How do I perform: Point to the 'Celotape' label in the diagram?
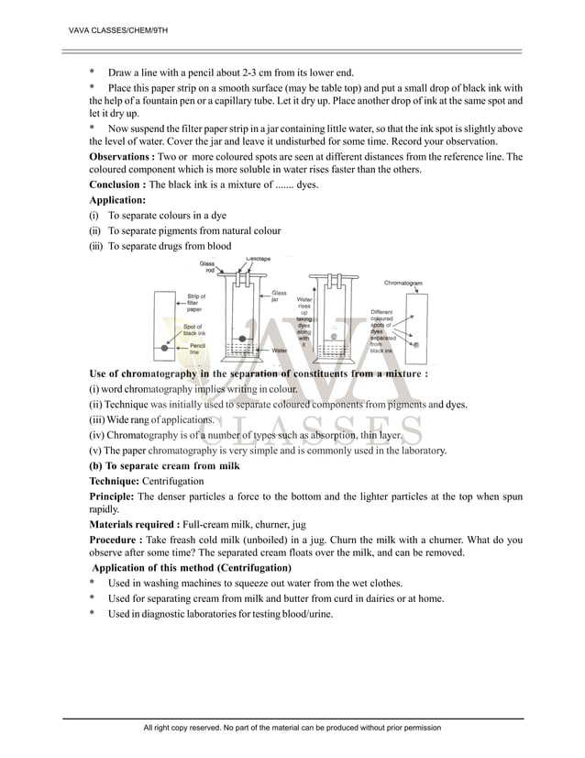(x=258, y=259)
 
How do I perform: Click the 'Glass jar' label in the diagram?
(x=279, y=296)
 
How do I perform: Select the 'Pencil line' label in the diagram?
(x=196, y=349)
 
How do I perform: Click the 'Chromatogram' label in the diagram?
(x=403, y=284)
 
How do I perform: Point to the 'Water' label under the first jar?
(x=280, y=350)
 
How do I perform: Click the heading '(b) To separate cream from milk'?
(x=164, y=466)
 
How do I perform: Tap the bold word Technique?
(x=118, y=481)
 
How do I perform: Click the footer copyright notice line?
(x=292, y=727)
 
